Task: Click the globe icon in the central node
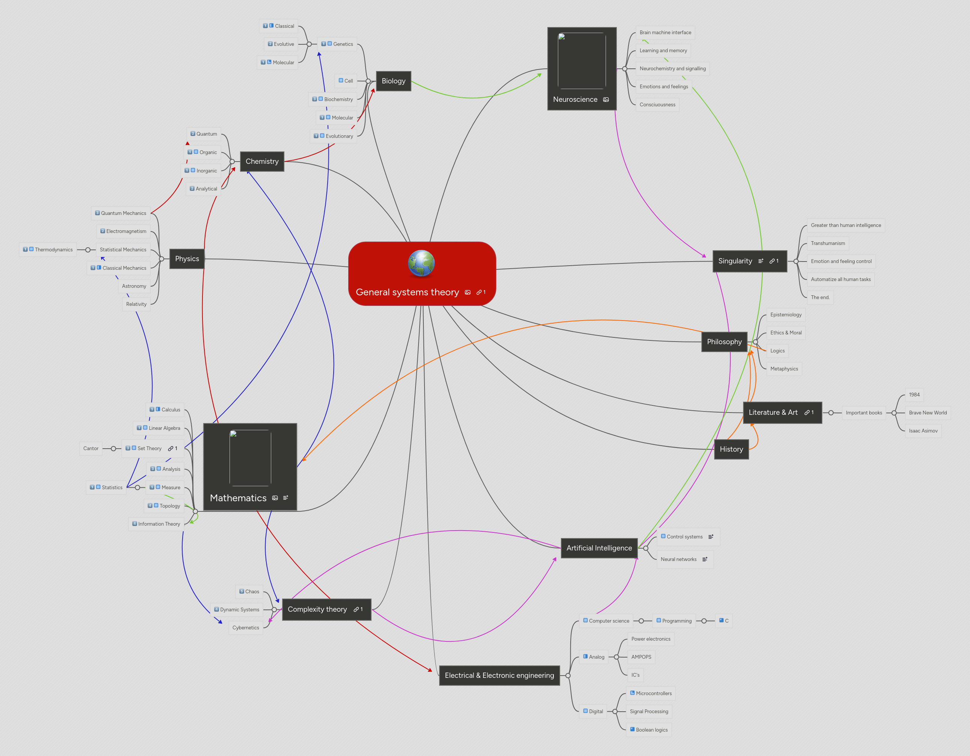(421, 263)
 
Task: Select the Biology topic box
(393, 81)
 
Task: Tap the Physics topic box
(187, 259)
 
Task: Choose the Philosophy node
(724, 342)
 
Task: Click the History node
(731, 449)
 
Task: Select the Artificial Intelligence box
(599, 548)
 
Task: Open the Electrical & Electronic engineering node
(499, 675)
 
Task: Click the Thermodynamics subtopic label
(53, 249)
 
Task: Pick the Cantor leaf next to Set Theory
(91, 448)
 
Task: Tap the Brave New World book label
(928, 413)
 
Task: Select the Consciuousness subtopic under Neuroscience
(657, 105)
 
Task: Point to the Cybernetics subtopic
(245, 627)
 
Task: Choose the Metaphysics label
(784, 369)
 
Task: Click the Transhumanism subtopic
(828, 243)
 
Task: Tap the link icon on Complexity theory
(356, 609)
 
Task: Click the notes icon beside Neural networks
(705, 559)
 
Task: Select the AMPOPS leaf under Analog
(641, 657)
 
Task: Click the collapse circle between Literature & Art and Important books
(831, 413)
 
